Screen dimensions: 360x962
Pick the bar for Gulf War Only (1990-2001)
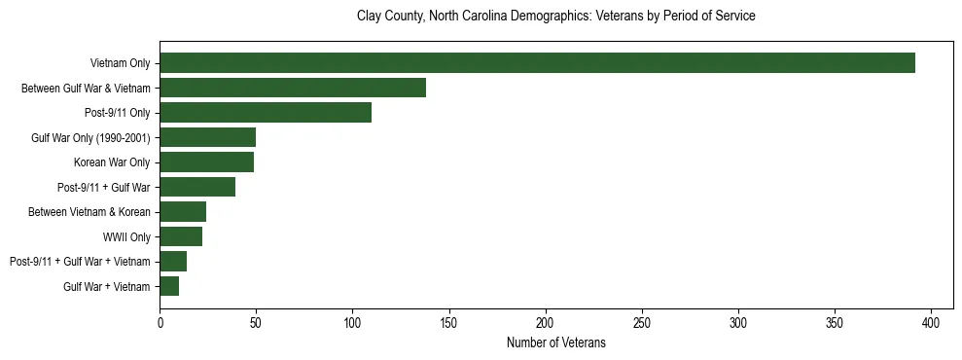[x=208, y=137]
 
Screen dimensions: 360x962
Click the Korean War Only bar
[x=207, y=162]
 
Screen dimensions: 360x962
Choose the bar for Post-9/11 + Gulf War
[x=197, y=187]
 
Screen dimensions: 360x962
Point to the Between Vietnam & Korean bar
[x=183, y=212]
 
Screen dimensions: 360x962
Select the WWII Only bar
[x=181, y=236]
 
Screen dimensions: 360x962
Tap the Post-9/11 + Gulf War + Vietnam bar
[x=173, y=262]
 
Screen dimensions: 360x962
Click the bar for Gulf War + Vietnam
[x=169, y=286]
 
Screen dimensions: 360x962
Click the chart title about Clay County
[x=555, y=17]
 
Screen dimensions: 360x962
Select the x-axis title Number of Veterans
[x=555, y=342]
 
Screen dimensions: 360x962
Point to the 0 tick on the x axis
[x=160, y=322]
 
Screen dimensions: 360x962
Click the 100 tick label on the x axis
[x=353, y=322]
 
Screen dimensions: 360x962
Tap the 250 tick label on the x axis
[x=642, y=322]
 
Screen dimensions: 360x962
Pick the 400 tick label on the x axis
[x=931, y=322]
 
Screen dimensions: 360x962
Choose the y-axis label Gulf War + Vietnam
[x=107, y=287]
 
